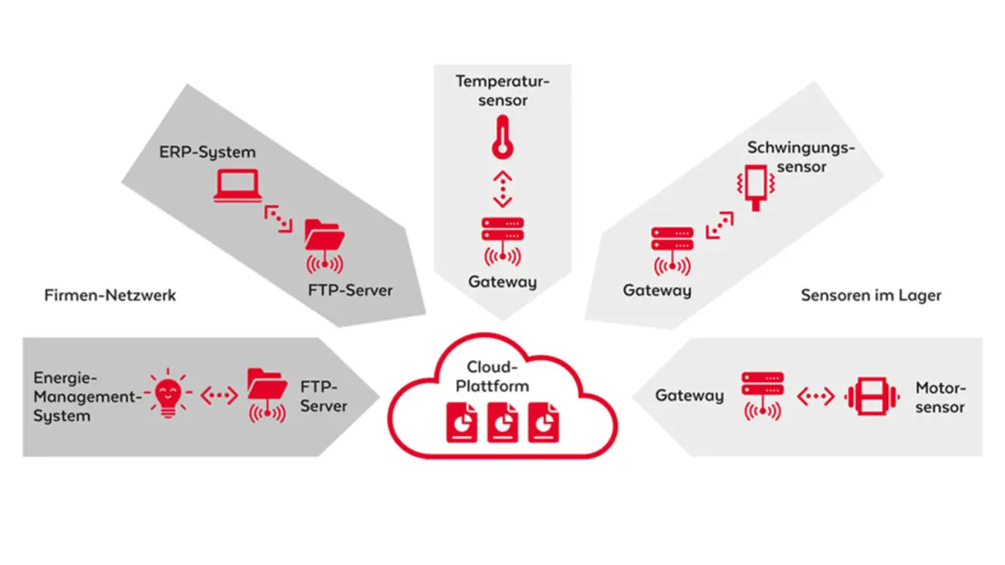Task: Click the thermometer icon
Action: pos(501,137)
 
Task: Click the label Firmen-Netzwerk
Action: pos(110,295)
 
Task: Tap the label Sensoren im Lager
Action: pos(870,295)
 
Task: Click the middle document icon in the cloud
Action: pos(502,422)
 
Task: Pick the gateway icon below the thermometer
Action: pos(501,240)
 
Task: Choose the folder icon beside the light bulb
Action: pos(267,395)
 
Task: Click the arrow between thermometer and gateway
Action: pos(502,189)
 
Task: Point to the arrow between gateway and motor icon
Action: pos(815,396)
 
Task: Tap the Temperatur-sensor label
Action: pos(502,91)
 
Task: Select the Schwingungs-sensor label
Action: pos(799,157)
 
